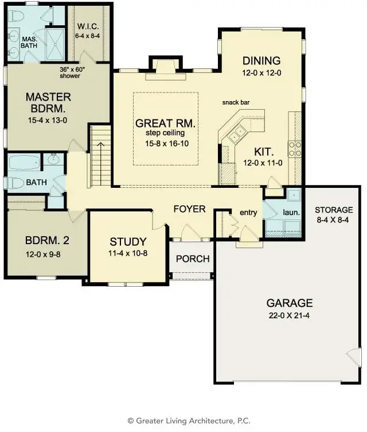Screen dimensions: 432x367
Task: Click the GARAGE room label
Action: coord(289,303)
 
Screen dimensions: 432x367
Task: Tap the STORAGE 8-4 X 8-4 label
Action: coord(334,210)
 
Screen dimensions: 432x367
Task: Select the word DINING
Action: coord(261,61)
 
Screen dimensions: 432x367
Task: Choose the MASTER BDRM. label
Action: coord(48,102)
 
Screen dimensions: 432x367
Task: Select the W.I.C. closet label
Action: coord(89,26)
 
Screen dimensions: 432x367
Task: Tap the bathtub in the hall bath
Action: coord(24,161)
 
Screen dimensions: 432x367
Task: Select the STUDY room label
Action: coord(128,242)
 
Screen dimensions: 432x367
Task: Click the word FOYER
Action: coord(189,209)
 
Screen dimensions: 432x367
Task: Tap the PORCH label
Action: coord(193,259)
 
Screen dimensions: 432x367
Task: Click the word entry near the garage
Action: coord(248,213)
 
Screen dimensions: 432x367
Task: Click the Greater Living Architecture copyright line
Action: coord(183,421)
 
